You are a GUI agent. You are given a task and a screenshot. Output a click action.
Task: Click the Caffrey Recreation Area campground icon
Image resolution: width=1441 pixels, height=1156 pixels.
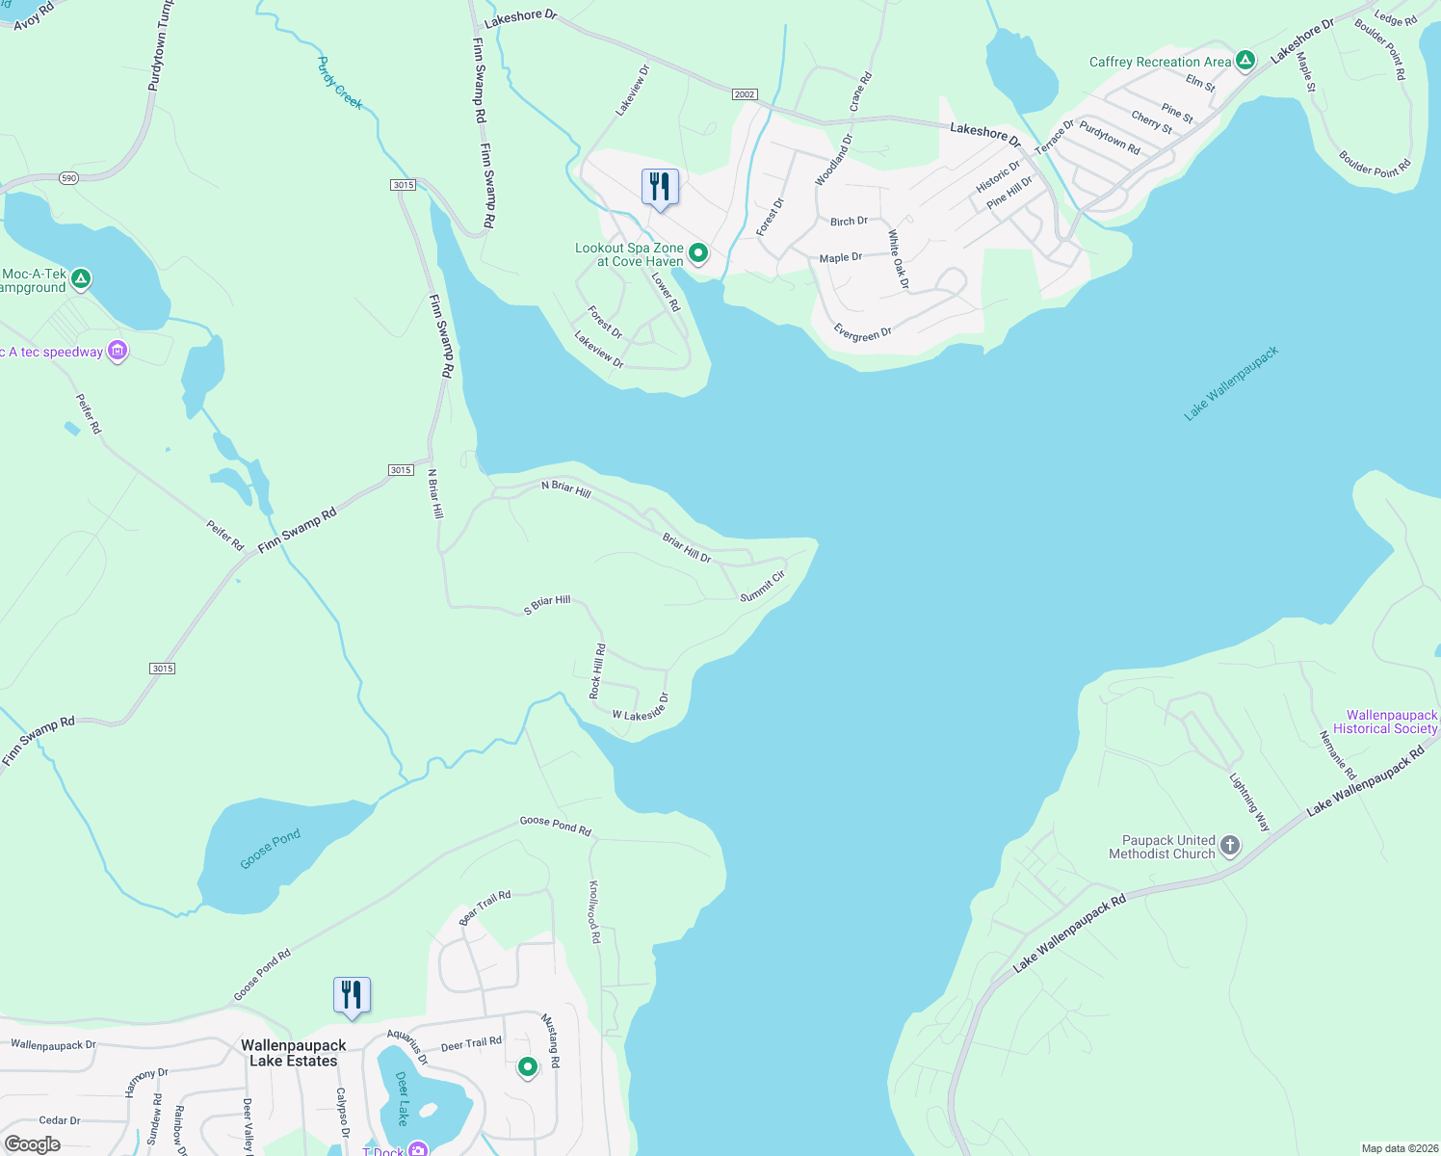click(1244, 61)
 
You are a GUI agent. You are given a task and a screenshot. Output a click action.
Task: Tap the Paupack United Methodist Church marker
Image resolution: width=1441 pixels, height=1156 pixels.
click(1229, 847)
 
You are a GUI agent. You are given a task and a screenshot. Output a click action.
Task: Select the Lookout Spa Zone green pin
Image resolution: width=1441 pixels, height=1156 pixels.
click(698, 253)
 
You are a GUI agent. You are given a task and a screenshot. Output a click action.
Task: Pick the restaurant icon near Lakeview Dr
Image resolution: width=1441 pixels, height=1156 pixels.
click(660, 186)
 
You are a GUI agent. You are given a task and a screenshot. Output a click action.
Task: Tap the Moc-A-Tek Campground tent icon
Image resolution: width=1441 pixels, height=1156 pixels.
click(82, 279)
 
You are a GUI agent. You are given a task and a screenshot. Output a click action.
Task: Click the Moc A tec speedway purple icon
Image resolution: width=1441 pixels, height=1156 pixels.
click(118, 351)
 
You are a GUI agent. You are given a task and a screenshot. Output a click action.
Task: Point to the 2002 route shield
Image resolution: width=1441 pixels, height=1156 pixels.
click(744, 94)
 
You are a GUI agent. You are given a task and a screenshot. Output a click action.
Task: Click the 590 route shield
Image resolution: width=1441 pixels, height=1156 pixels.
click(68, 178)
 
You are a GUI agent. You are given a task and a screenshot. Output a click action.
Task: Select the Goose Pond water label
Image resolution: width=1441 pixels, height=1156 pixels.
click(271, 849)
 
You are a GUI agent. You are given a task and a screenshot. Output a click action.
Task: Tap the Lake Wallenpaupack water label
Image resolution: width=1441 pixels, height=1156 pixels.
click(1231, 383)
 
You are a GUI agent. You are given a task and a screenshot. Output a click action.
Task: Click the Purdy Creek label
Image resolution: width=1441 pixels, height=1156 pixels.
click(340, 83)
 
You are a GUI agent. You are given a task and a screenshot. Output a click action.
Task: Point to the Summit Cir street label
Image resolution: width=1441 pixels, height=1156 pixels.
click(763, 587)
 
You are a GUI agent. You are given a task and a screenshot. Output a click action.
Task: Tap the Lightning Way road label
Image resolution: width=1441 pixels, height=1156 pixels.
click(1250, 801)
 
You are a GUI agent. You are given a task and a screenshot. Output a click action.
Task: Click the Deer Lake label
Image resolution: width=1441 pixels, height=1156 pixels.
click(403, 1098)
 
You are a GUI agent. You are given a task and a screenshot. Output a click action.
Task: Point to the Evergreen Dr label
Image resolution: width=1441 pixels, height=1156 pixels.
click(862, 334)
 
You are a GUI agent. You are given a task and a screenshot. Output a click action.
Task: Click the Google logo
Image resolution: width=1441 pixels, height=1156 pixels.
click(33, 1144)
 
